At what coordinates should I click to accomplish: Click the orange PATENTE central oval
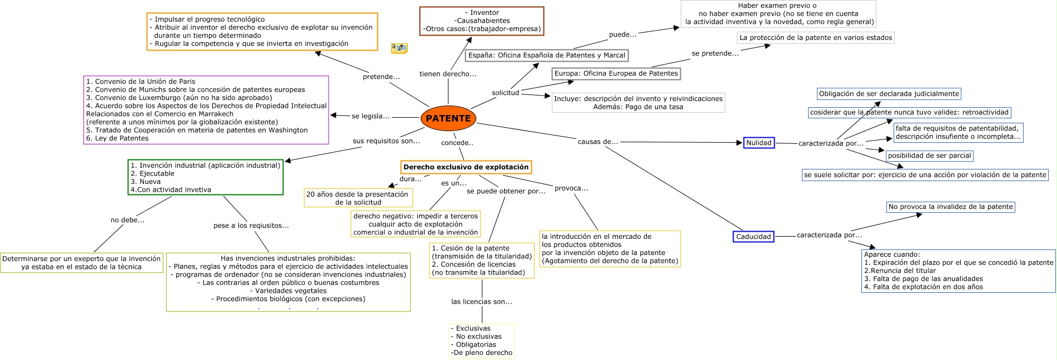[x=448, y=118]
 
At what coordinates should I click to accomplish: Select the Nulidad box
[x=759, y=143]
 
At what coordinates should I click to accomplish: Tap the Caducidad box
[x=753, y=237]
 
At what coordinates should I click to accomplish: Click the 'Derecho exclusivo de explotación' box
[x=466, y=167]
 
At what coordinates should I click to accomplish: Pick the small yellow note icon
[x=399, y=48]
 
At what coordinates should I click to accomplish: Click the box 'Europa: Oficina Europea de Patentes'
[x=616, y=73]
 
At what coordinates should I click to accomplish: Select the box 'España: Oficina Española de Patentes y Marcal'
[x=546, y=56]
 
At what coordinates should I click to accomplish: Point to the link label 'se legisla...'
[x=370, y=116]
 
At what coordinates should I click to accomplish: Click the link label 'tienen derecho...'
[x=447, y=74]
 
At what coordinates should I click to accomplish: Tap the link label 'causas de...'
[x=597, y=142]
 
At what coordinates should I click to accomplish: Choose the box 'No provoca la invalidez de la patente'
[x=950, y=207]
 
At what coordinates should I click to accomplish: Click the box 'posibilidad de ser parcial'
[x=929, y=156]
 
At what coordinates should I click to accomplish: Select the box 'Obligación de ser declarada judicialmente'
[x=889, y=94]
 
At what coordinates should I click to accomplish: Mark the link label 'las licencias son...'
[x=481, y=302]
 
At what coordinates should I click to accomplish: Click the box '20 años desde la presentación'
[x=357, y=198]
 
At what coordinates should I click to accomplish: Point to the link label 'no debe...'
[x=127, y=220]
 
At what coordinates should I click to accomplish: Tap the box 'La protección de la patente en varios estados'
[x=815, y=38]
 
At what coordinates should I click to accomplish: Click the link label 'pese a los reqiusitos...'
[x=251, y=226]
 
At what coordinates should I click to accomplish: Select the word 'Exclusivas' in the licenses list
[x=473, y=328]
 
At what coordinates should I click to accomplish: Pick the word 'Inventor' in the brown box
[x=485, y=13]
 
